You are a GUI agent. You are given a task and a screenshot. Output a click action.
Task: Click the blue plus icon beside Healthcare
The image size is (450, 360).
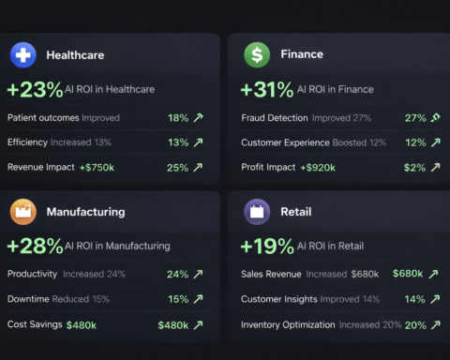tap(23, 55)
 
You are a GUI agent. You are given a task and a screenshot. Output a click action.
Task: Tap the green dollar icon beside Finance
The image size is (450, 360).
tap(257, 55)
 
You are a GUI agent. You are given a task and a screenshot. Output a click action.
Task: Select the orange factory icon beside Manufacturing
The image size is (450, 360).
tap(23, 212)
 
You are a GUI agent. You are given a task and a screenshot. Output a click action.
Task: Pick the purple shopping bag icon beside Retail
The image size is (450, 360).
tap(257, 212)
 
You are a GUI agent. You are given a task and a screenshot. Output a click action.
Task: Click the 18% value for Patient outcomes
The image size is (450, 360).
tap(178, 118)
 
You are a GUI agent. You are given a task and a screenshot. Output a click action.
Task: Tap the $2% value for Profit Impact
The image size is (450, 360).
tap(413, 168)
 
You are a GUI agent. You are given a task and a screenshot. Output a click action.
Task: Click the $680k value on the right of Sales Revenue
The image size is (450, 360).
tap(408, 275)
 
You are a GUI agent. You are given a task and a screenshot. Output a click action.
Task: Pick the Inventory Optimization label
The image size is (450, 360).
tap(288, 324)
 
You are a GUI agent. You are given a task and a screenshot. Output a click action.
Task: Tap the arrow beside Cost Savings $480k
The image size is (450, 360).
tap(198, 324)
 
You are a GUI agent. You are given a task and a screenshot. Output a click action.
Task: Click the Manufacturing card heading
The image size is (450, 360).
tap(85, 212)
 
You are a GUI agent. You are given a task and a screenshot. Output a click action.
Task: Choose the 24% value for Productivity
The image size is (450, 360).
tap(178, 275)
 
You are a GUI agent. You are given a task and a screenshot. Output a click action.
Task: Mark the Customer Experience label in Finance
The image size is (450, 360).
tap(285, 142)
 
